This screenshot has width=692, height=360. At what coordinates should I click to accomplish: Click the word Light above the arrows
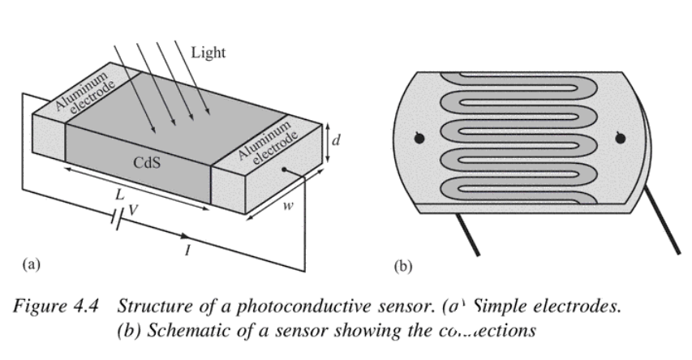208,53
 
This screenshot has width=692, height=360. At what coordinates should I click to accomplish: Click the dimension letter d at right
336,139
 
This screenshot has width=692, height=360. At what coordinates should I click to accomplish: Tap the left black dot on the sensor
419,139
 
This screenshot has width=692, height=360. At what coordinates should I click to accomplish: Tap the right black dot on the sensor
621,139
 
